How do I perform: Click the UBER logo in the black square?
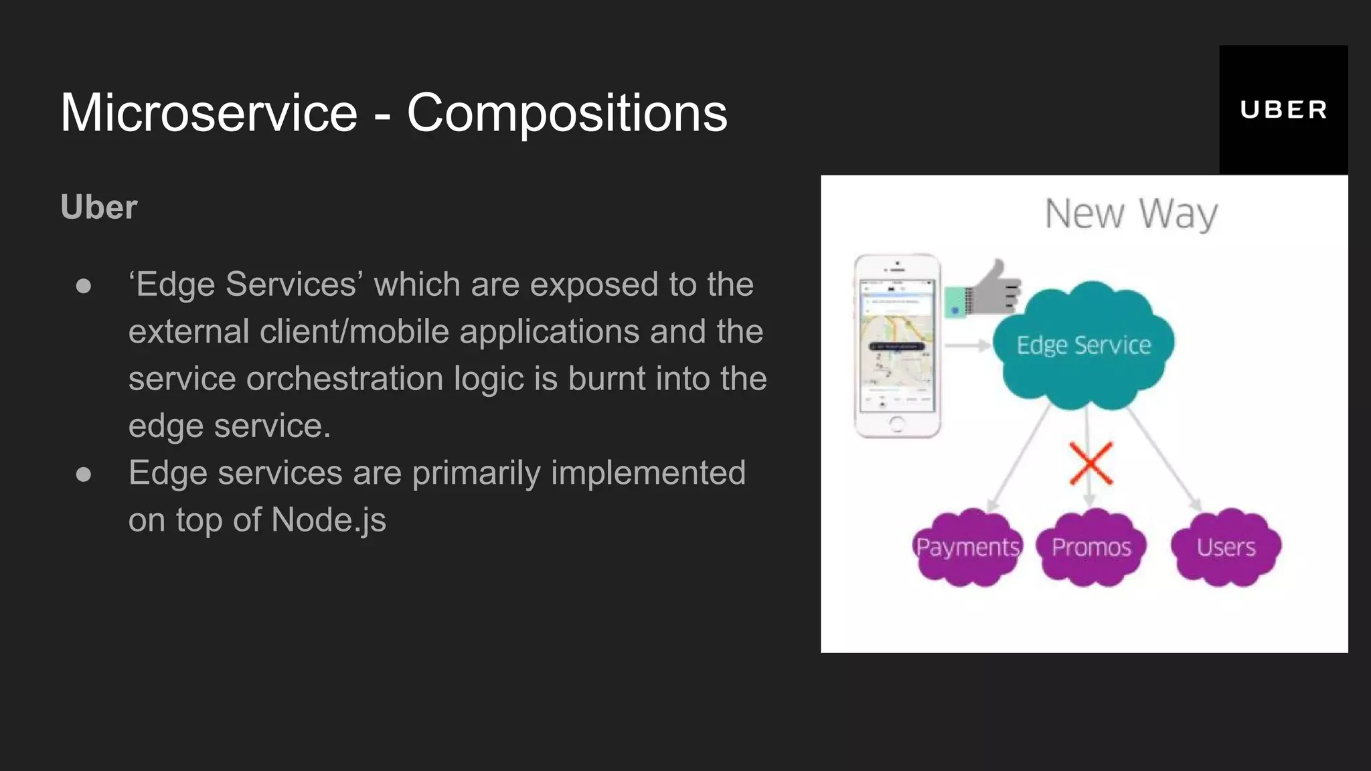coord(1283,110)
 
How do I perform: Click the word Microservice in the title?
coord(209,113)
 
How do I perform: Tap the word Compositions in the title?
coord(566,113)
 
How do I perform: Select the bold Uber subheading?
coord(99,207)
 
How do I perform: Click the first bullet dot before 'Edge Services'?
coord(84,286)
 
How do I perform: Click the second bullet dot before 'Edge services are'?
coord(84,475)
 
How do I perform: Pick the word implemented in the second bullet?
coord(648,473)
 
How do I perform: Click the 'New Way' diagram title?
coord(1131,214)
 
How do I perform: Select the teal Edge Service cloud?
coord(1083,345)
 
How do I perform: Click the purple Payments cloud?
coord(967,547)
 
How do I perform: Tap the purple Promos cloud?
coord(1091,547)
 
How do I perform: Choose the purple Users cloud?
coord(1226,547)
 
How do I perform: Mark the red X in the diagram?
coord(1091,463)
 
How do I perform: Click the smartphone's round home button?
coord(897,423)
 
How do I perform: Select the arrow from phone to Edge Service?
coord(967,345)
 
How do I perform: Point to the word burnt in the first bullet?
coord(608,379)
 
